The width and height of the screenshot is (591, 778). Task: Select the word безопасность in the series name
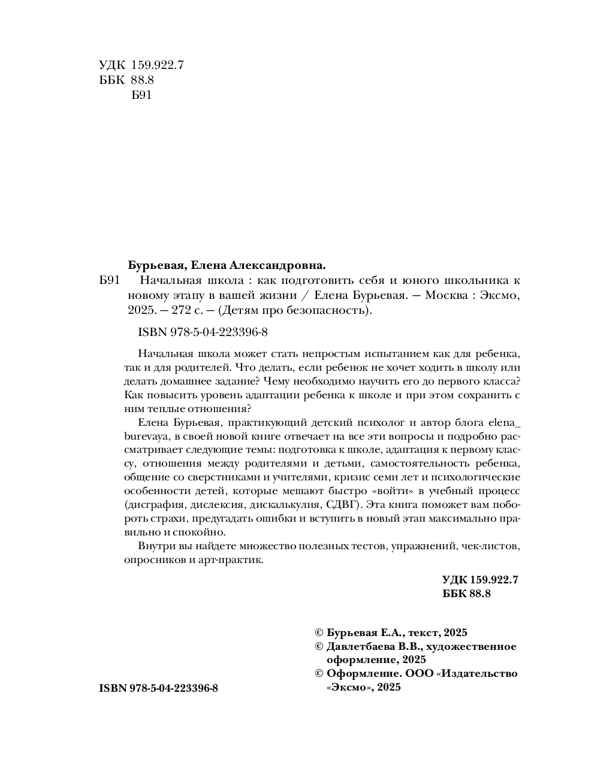326,310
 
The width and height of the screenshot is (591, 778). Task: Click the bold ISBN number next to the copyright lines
158,689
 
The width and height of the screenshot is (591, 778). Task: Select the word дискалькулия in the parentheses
286,503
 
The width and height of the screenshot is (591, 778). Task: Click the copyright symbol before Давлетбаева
319,646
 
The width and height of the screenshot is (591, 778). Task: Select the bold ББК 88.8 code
466,594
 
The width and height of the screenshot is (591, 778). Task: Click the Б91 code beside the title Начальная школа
110,280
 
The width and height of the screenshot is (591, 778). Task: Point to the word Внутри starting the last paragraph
155,546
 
